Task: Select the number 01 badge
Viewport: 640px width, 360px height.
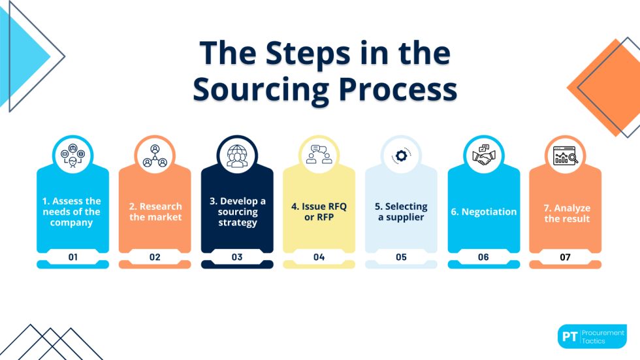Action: click(72, 257)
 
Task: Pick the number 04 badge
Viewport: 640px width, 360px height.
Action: click(319, 257)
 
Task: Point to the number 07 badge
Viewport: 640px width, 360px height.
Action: click(565, 257)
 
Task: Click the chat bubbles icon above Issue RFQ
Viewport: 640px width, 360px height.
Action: click(319, 155)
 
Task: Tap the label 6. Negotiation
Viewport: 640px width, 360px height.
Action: click(483, 212)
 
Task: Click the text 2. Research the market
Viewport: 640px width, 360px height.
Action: click(155, 212)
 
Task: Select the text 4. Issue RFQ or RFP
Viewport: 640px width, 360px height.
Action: click(319, 212)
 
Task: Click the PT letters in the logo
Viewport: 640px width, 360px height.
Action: click(569, 336)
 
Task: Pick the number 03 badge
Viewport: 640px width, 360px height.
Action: click(237, 257)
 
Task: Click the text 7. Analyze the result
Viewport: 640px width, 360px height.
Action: click(565, 213)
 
